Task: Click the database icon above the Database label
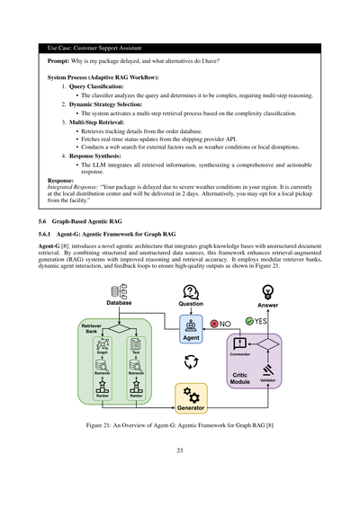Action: coord(116,290)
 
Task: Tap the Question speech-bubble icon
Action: coord(191,290)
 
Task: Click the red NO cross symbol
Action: coord(214,323)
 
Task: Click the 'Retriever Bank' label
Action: coord(92,328)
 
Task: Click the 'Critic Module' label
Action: coord(238,379)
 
